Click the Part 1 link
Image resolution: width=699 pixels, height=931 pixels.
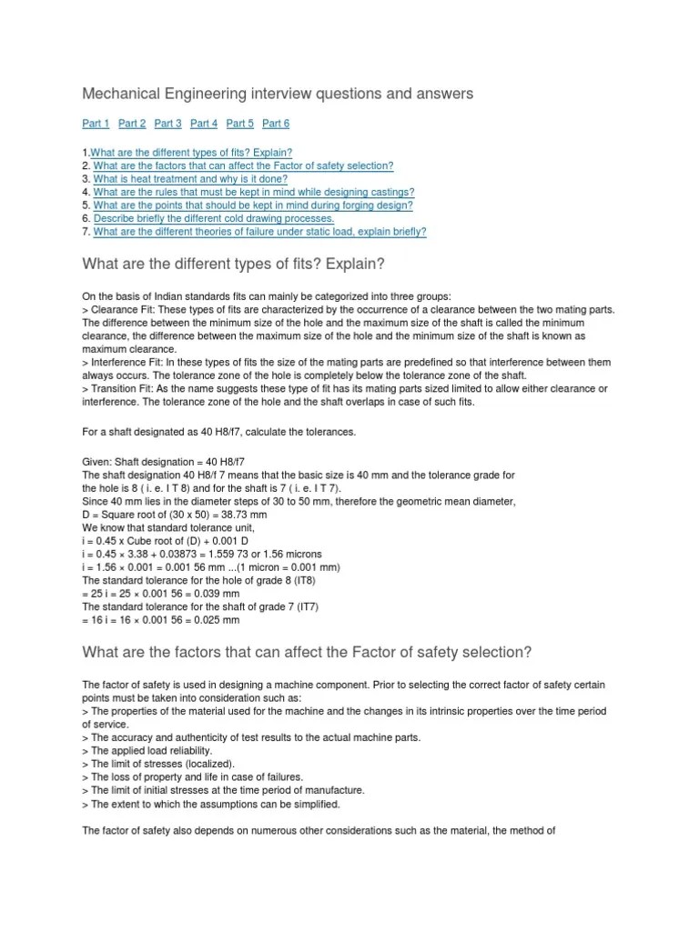click(x=96, y=124)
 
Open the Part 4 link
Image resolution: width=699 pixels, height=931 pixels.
click(x=204, y=124)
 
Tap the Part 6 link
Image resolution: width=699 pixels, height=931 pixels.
click(x=276, y=124)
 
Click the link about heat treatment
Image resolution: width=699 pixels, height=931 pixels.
click(x=190, y=179)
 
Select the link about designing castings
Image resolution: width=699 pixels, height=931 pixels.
click(x=254, y=193)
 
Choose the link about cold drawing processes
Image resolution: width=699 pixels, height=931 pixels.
click(x=214, y=219)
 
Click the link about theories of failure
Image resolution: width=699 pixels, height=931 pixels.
click(x=259, y=232)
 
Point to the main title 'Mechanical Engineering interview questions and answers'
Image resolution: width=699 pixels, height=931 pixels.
click(x=278, y=94)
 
